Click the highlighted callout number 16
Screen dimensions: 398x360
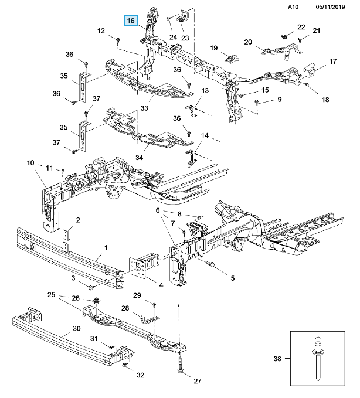(x=131, y=21)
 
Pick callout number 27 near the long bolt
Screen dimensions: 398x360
(x=197, y=381)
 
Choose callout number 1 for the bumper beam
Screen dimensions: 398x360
(x=106, y=249)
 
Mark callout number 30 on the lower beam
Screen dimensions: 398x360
(x=77, y=329)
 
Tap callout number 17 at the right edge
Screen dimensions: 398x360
(x=332, y=62)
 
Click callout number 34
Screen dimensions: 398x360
(x=139, y=157)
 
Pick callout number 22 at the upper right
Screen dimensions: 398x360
(x=301, y=27)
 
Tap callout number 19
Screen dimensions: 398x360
(x=214, y=47)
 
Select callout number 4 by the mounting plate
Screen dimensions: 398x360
(x=161, y=285)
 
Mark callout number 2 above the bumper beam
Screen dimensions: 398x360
(x=77, y=219)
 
